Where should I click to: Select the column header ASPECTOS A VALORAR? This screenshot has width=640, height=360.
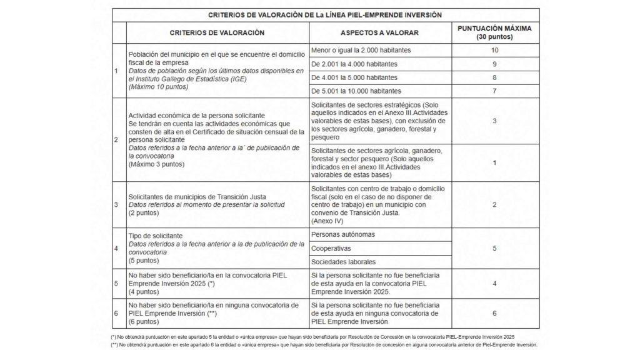379,32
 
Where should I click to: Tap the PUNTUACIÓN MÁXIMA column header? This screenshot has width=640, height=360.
494,32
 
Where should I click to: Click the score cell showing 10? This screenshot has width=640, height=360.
494,49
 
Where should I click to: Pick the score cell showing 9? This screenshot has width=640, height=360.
494,64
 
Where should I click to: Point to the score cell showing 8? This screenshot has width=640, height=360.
494,77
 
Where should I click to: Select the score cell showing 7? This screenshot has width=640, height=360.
494,91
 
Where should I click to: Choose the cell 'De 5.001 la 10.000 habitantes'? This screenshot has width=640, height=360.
356,91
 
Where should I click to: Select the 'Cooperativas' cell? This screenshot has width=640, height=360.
331,247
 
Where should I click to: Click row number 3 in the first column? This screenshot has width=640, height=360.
116,204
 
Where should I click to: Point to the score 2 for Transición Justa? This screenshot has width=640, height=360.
494,204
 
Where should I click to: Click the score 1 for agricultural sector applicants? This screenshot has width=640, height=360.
494,162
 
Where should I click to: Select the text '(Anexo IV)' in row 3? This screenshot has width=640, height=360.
327,221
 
